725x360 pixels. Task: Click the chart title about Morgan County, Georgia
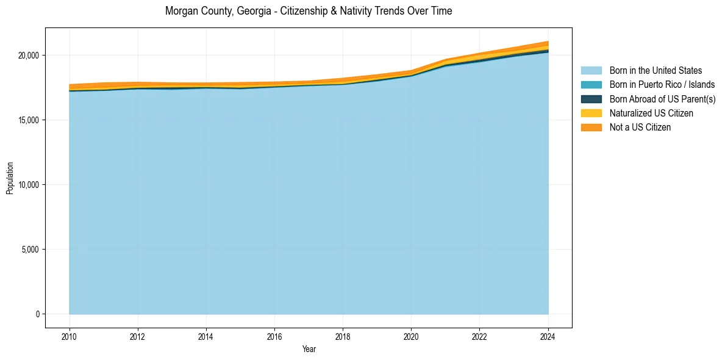point(309,11)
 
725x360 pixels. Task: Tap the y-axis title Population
point(10,178)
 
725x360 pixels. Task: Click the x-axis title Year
point(309,349)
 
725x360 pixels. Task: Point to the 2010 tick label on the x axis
point(70,336)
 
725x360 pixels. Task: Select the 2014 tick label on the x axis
point(206,336)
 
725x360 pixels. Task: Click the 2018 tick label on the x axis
point(343,336)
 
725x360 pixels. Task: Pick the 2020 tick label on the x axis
point(411,336)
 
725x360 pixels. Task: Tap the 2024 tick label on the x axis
point(548,336)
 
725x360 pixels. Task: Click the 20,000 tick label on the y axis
point(28,56)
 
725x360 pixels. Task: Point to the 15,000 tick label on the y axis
point(28,120)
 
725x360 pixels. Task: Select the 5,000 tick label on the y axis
point(30,250)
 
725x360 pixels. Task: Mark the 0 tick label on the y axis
point(37,314)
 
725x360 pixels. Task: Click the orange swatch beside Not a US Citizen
point(591,127)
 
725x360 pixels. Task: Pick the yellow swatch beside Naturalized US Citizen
point(591,113)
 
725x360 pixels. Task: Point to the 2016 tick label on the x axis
point(274,336)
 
